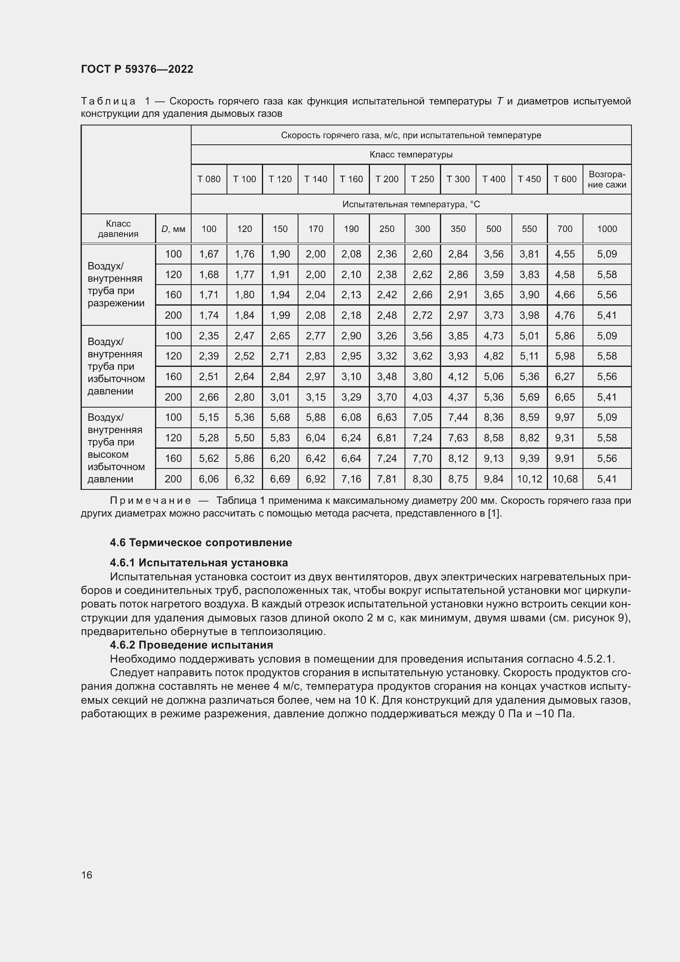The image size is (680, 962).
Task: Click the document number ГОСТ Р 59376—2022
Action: coord(137,69)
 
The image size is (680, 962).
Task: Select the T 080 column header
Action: coord(208,179)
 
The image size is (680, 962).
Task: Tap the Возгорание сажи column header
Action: coord(607,179)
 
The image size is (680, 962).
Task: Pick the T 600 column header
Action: coord(564,179)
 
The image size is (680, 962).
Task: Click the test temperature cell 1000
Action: coord(607,229)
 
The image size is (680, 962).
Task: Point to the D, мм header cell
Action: coord(173,229)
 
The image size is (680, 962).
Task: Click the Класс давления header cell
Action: coord(118,229)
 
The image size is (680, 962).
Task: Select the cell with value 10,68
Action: coord(564,478)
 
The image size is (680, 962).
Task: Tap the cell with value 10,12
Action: coord(529,478)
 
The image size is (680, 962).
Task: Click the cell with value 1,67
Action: coord(208,254)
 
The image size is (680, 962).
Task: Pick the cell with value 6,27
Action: coord(564,376)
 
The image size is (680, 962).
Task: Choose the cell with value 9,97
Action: coord(564,417)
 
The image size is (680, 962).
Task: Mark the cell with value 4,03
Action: coord(422,397)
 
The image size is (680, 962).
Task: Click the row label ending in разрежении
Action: coord(116,285)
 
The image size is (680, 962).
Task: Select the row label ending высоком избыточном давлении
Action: coord(116,448)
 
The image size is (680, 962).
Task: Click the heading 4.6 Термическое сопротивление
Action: coord(201,542)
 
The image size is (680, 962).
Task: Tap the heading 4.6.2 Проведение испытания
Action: coord(191,645)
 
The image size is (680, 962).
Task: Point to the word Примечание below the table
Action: coord(150,501)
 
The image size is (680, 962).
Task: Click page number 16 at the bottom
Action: coord(87,875)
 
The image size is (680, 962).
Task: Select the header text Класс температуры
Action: coord(411,155)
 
